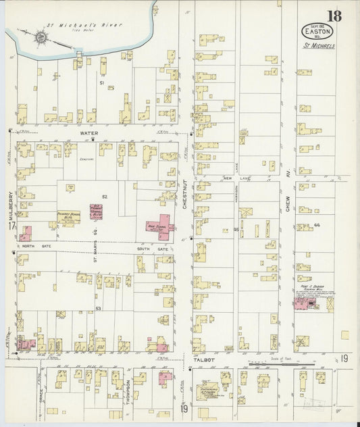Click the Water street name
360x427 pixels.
89,134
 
